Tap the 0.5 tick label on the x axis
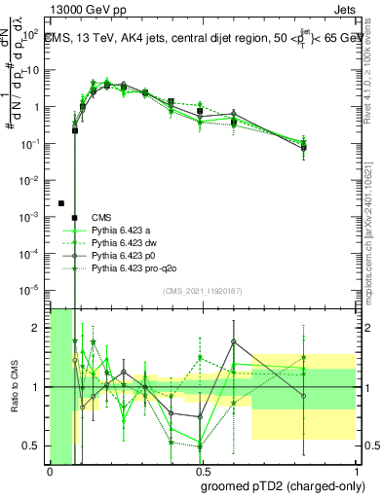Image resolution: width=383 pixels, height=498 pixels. pyautogui.click(x=203, y=472)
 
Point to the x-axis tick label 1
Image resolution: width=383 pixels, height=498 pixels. pyautogui.click(x=356, y=472)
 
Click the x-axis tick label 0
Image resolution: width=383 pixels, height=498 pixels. pyautogui.click(x=50, y=472)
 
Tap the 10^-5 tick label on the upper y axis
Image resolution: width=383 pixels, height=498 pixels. pyautogui.click(x=32, y=288)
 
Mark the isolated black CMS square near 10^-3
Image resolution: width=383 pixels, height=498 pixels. pyautogui.click(x=61, y=203)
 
